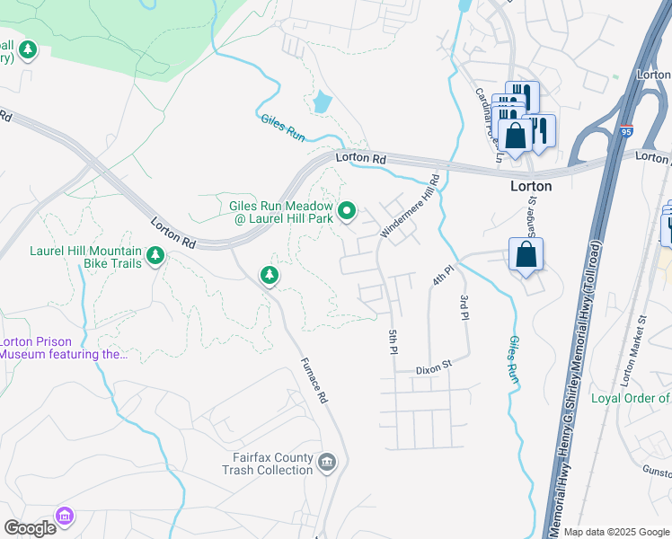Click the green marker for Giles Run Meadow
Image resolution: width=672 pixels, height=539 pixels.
[349, 212]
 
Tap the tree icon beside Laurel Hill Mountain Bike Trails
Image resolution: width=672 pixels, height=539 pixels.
[155, 257]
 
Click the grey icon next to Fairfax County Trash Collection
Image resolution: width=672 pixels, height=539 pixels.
[328, 463]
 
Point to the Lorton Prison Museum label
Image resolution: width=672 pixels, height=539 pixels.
[63, 348]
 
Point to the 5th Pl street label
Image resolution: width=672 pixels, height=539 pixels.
[393, 342]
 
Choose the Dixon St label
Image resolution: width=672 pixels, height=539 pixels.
[432, 369]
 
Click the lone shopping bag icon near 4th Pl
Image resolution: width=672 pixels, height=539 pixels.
[526, 254]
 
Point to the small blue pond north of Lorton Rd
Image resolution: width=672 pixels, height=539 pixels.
[321, 102]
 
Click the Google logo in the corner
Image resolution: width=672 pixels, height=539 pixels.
[30, 527]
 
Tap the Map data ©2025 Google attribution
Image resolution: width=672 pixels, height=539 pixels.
[615, 532]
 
